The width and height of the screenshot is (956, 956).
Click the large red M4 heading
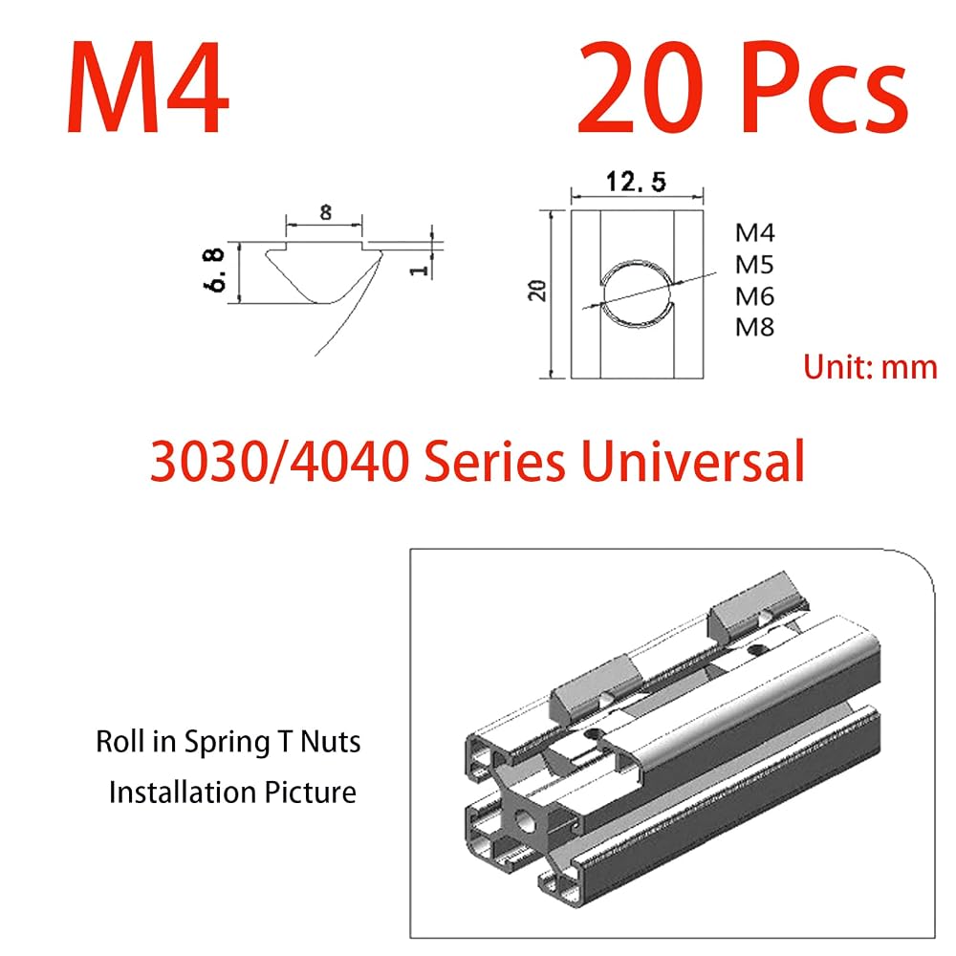tap(147, 88)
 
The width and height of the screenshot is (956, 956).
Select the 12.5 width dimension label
tap(636, 182)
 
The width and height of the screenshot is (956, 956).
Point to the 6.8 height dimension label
tap(216, 271)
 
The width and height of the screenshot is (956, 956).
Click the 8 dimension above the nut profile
tap(326, 212)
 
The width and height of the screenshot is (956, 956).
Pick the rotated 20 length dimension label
tap(537, 291)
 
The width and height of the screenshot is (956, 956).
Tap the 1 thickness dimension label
tap(419, 269)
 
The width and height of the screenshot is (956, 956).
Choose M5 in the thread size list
tap(754, 265)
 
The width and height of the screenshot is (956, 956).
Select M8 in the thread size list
tap(754, 327)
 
